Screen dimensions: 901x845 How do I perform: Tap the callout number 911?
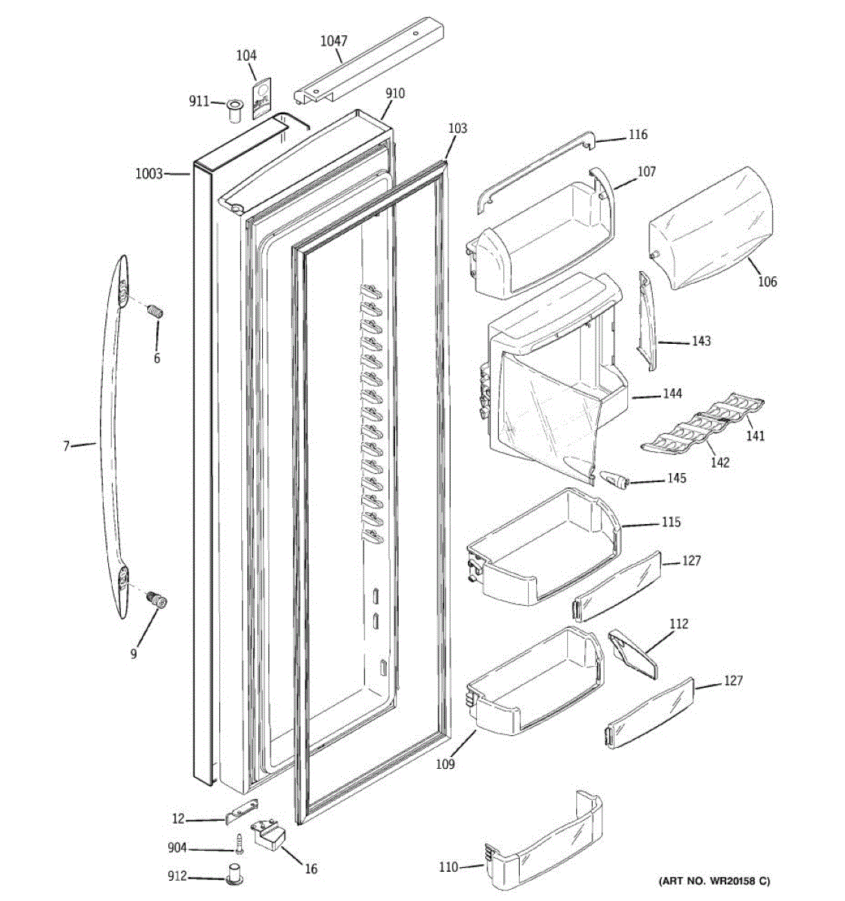[x=199, y=101]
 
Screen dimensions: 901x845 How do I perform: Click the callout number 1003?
[x=149, y=174]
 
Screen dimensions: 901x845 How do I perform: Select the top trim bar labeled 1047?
[x=372, y=60]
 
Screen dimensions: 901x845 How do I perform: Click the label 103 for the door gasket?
[x=457, y=128]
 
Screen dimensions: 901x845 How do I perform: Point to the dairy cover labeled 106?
[x=710, y=225]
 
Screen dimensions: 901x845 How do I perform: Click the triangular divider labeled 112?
[x=633, y=653]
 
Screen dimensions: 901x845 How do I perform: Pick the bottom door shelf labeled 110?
[x=545, y=841]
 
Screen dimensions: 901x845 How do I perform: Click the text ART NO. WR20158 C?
[x=714, y=881]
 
